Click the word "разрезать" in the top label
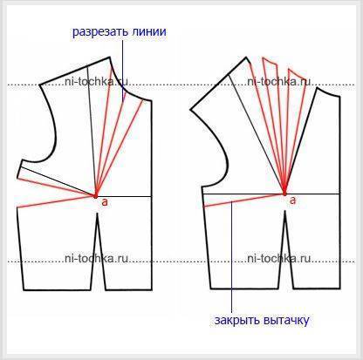[x=99, y=32]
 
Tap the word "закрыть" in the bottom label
[x=236, y=321]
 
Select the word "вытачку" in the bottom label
[x=286, y=321]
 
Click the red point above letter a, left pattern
[x=95, y=196]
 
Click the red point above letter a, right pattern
[x=284, y=194]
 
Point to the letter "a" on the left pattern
[x=105, y=202]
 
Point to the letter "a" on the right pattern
[x=292, y=200]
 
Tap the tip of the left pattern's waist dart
[x=97, y=214]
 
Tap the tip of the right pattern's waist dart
[x=285, y=211]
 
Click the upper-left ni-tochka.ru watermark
[x=96, y=82]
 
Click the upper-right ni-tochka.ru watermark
[x=279, y=82]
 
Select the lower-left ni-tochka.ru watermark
[x=96, y=258]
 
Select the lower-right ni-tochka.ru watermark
[x=279, y=258]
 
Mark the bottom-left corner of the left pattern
[x=24, y=289]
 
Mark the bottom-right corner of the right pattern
[x=339, y=289]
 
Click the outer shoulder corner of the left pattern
[x=39, y=85]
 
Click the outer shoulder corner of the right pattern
[x=190, y=110]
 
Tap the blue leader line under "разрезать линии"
[x=123, y=71]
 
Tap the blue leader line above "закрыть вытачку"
[x=231, y=257]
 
